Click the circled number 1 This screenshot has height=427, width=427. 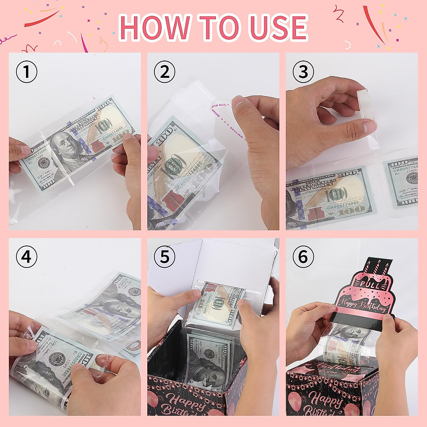[x=27, y=72]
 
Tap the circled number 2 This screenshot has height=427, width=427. [x=164, y=72]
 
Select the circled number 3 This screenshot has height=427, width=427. [x=303, y=72]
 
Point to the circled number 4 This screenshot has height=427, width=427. [x=27, y=257]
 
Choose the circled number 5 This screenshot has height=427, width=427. [x=164, y=257]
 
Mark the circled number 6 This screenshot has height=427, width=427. [x=303, y=257]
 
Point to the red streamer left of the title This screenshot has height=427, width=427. [x=42, y=20]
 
